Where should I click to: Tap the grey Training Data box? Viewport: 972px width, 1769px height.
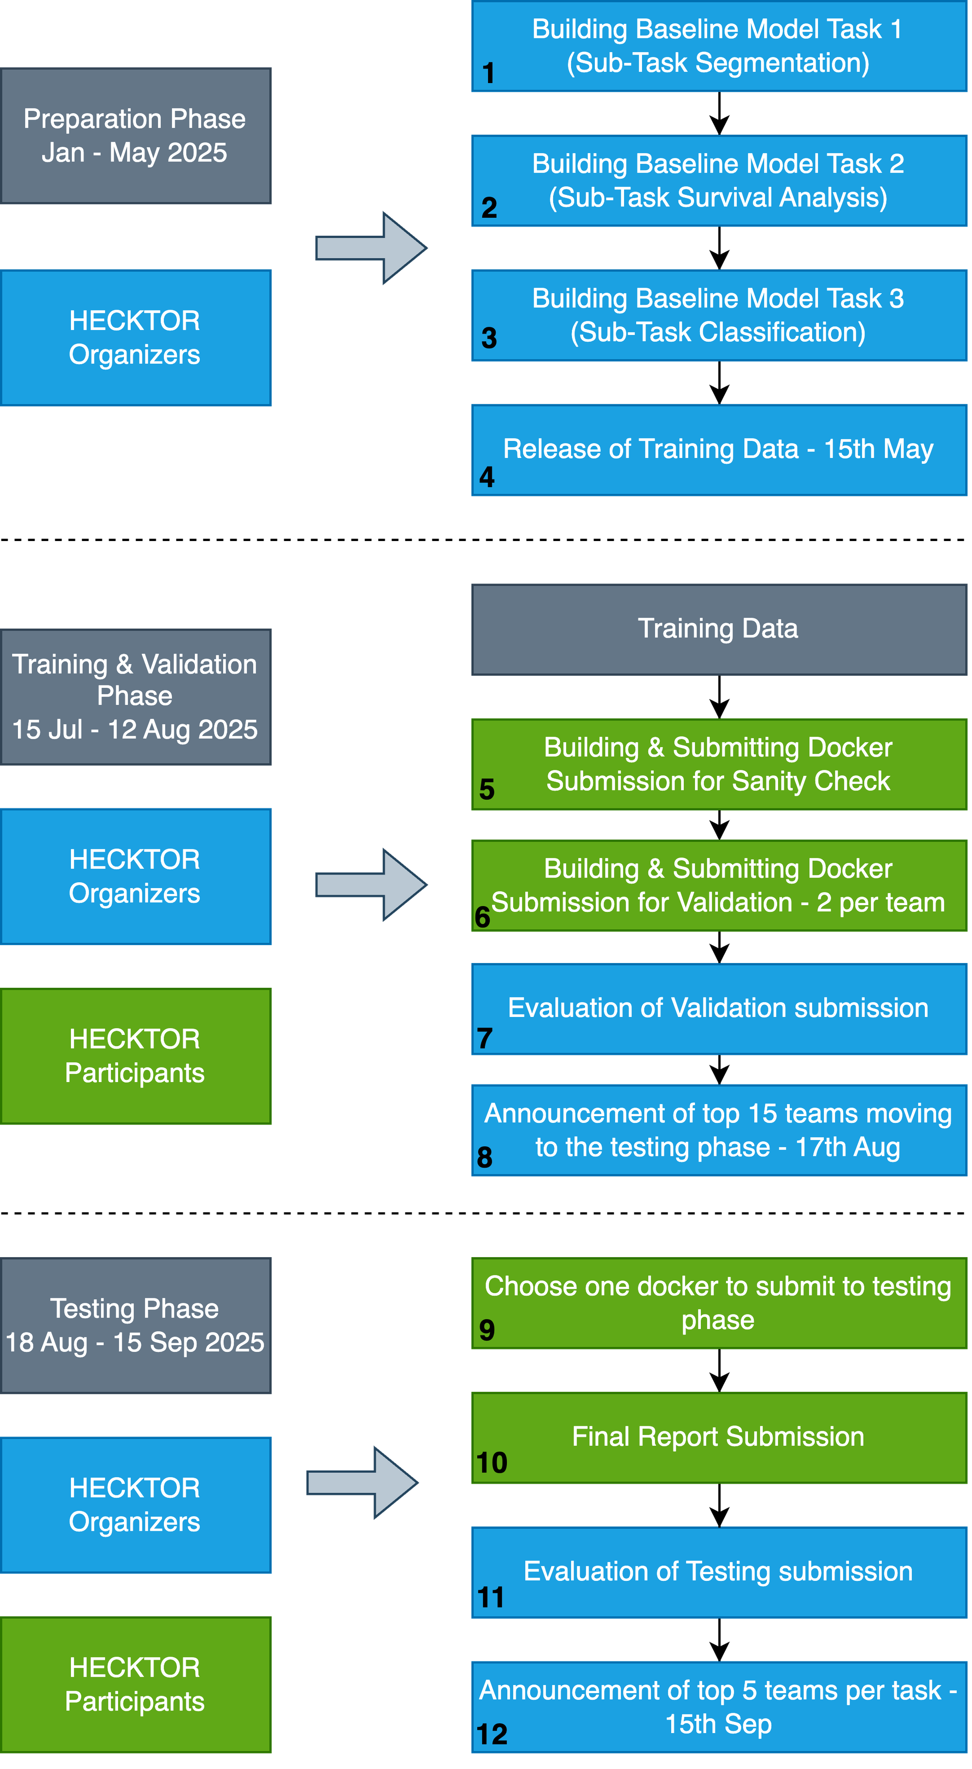coord(719,630)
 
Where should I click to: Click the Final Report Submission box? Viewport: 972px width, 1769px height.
coord(719,1438)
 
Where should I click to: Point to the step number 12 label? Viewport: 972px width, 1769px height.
coord(492,1734)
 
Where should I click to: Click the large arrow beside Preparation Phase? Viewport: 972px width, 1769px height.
coord(371,248)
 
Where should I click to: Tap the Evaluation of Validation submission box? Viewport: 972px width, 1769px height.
coord(719,1009)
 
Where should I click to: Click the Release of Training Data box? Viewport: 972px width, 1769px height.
coord(719,450)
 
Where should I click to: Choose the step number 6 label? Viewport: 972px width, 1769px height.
coord(483,917)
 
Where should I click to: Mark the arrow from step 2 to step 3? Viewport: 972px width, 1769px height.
coord(719,248)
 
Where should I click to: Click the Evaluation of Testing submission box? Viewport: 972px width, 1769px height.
coord(719,1573)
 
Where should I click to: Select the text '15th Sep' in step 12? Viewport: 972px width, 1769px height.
coord(719,1724)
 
